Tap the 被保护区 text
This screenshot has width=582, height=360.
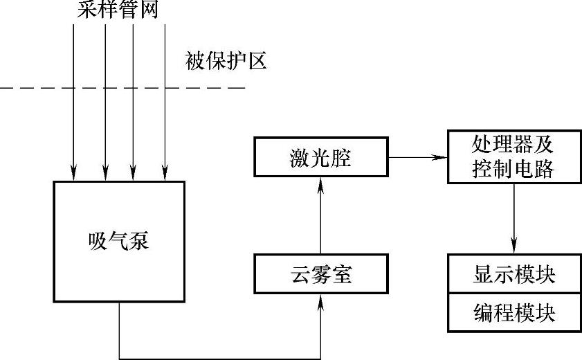click(225, 62)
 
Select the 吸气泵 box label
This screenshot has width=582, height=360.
click(119, 242)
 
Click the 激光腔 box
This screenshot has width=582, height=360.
click(320, 158)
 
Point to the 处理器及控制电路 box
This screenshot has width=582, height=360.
click(513, 156)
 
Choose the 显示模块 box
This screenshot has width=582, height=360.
click(513, 275)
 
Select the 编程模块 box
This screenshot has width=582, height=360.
click(513, 312)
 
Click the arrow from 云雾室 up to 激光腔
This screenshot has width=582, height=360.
click(321, 215)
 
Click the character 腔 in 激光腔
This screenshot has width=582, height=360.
click(341, 158)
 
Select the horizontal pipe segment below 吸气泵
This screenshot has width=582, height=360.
click(221, 359)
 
